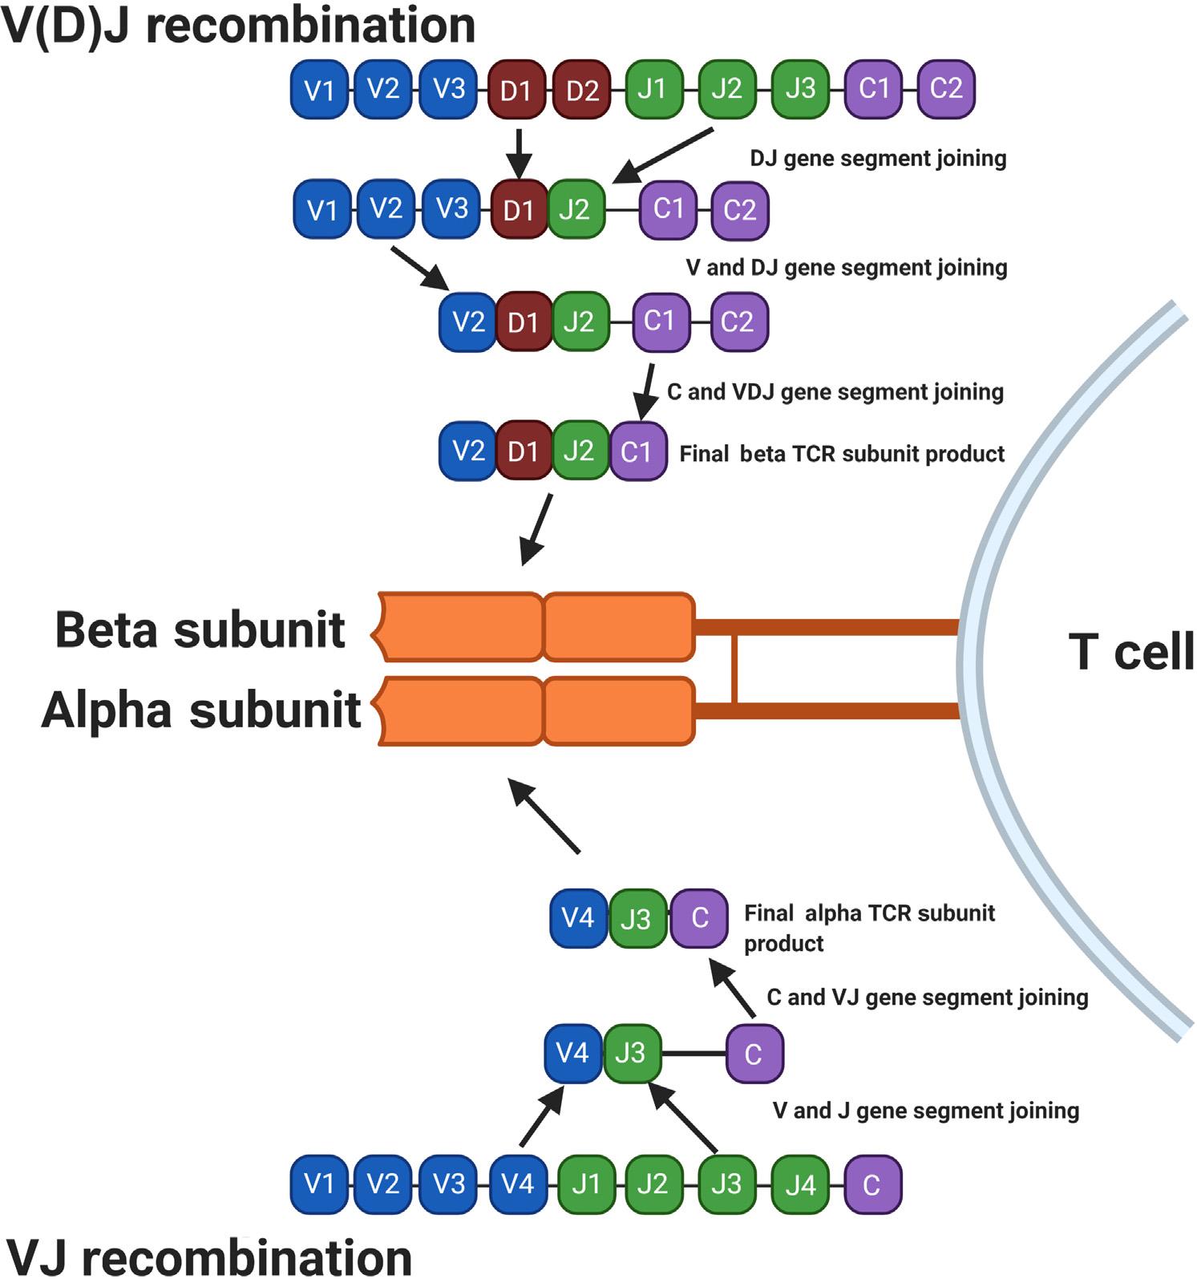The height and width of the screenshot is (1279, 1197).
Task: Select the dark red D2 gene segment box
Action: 582,90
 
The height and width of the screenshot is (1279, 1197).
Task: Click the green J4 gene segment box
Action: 800,1184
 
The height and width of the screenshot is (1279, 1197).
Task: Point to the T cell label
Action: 1131,651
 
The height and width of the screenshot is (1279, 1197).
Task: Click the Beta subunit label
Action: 200,629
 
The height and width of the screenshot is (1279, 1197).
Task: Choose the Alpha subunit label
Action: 201,710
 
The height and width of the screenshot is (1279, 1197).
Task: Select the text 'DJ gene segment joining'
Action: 878,159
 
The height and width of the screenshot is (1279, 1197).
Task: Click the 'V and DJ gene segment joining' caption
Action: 847,267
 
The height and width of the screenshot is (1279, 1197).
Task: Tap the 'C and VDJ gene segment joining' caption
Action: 835,392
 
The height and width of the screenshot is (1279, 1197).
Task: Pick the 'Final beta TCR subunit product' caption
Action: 842,454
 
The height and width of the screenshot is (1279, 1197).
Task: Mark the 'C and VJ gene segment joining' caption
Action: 928,998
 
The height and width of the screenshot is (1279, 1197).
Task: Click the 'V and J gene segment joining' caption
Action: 926,1111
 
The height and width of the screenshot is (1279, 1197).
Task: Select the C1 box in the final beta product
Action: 638,451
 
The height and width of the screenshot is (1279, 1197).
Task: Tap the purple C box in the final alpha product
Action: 699,917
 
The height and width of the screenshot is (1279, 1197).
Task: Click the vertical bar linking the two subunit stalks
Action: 734,667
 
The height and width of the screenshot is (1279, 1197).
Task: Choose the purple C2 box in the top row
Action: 946,88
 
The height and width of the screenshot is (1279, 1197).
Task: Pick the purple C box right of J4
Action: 872,1184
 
